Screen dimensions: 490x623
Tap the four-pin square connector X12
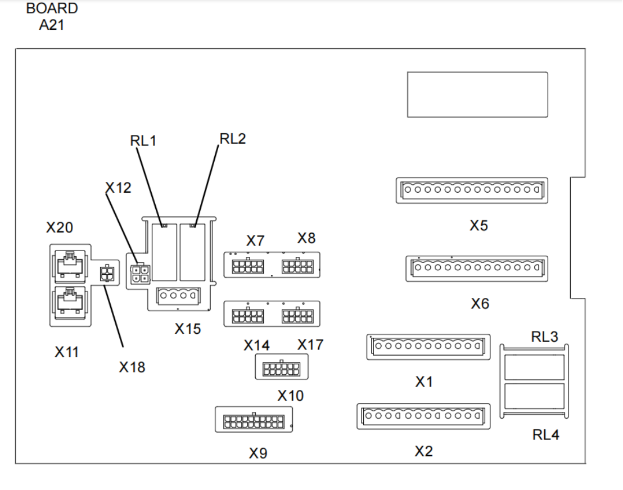point(138,273)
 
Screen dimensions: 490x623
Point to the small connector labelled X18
point(106,274)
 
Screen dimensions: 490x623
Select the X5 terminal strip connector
point(472,190)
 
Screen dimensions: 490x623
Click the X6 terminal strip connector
point(476,268)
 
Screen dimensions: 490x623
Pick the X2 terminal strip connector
point(423,416)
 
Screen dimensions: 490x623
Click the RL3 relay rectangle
point(535,368)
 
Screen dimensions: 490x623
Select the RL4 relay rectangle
point(535,396)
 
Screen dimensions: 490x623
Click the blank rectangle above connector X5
point(477,94)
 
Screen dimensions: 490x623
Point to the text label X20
point(60,228)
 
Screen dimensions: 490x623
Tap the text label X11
point(66,352)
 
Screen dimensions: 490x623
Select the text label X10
point(291,396)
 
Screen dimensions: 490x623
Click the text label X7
point(255,241)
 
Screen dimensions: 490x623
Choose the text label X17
point(310,344)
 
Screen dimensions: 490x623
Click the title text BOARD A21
point(52,17)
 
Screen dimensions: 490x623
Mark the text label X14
point(256,346)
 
